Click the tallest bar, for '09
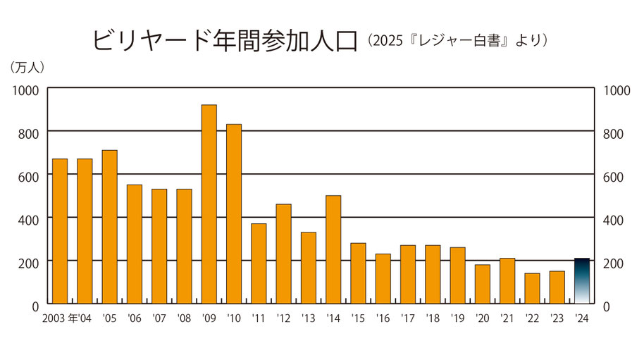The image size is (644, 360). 209,204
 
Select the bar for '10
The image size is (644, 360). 234,214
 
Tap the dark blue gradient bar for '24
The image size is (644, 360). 582,281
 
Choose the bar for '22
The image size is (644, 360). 532,288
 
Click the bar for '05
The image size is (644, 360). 109,227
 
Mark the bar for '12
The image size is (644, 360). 283,254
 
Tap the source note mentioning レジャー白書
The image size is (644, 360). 457,40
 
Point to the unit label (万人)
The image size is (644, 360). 27,68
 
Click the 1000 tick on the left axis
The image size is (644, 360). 25,90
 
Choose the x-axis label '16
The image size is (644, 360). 383,318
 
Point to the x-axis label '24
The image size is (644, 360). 582,318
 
